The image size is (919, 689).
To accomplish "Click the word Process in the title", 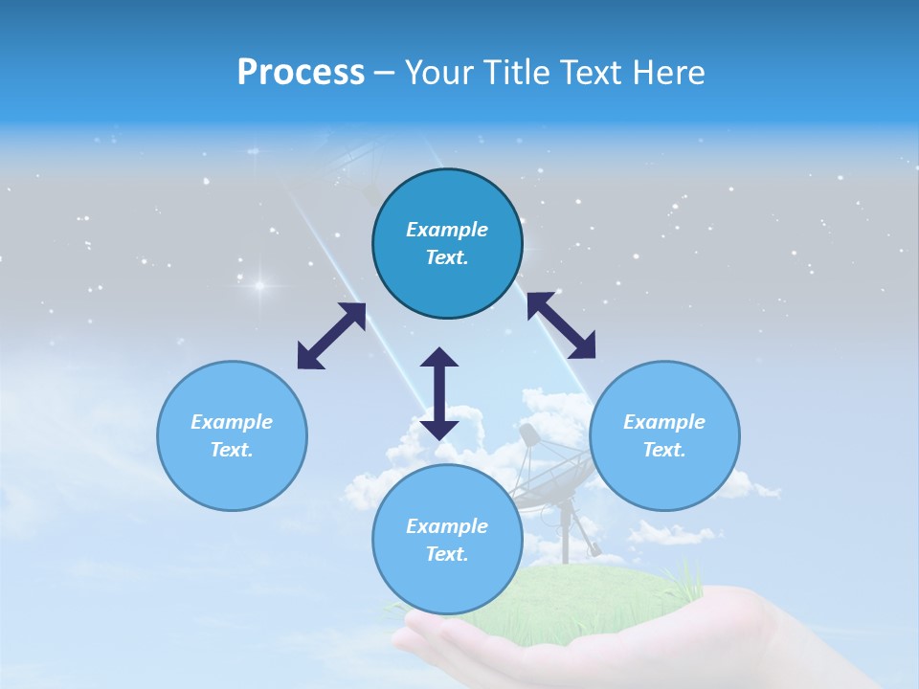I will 301,72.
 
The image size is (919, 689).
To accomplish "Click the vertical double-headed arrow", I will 439,393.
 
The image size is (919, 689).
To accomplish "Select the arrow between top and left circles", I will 331,336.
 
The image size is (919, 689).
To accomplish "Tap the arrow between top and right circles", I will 561,324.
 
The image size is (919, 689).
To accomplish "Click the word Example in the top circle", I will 447,230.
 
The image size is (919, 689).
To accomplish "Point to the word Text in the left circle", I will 231,450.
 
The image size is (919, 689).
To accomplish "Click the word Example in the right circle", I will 664,422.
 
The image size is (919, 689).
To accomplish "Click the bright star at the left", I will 258,285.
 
